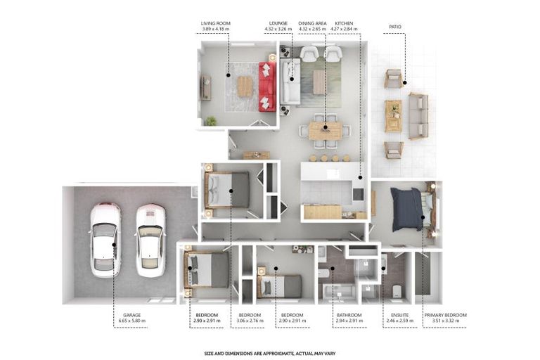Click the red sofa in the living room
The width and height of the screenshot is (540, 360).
[x=267, y=86]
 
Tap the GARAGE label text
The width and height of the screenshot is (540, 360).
[x=132, y=315]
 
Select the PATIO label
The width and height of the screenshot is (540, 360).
[x=395, y=27]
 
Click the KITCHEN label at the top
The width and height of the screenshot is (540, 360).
[x=344, y=23]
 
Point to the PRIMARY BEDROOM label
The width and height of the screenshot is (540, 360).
[x=445, y=315]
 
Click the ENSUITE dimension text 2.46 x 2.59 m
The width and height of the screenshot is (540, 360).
[x=400, y=321]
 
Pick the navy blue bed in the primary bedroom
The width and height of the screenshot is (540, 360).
[x=406, y=209]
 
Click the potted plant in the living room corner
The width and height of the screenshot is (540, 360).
[x=210, y=121]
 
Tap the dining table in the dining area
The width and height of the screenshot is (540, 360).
[x=326, y=131]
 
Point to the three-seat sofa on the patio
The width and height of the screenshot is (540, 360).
[x=418, y=116]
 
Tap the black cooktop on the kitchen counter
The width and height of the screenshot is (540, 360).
[x=358, y=194]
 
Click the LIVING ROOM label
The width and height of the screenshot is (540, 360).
[x=216, y=23]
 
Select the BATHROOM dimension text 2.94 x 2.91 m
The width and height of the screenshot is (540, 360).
[x=349, y=321]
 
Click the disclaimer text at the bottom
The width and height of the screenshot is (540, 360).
[x=270, y=354]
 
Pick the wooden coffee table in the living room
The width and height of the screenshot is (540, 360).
[x=245, y=86]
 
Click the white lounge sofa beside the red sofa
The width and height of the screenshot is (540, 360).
[x=290, y=82]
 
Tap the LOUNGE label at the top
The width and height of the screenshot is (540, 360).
[x=278, y=23]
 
